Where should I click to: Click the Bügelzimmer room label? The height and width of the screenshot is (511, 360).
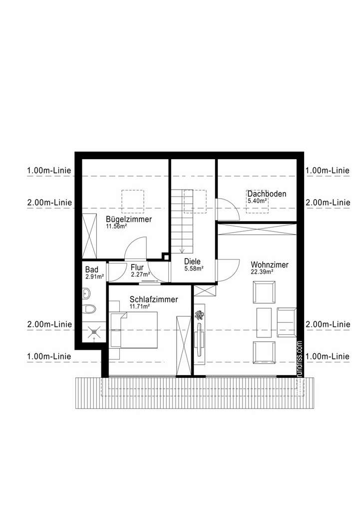[x=128, y=219]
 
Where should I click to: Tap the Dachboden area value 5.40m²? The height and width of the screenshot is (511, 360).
[x=257, y=201]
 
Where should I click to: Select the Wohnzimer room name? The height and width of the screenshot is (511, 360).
[x=269, y=265]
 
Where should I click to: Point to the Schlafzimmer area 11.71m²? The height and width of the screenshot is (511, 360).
[x=139, y=306]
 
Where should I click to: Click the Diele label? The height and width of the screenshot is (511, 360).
[x=192, y=261]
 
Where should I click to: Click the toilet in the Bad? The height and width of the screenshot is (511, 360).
[x=89, y=310]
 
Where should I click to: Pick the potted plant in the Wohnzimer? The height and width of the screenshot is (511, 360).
[x=200, y=315]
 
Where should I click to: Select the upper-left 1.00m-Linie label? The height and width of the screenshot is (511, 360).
[x=49, y=170]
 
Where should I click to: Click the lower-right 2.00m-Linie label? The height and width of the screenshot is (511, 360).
[x=328, y=324]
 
